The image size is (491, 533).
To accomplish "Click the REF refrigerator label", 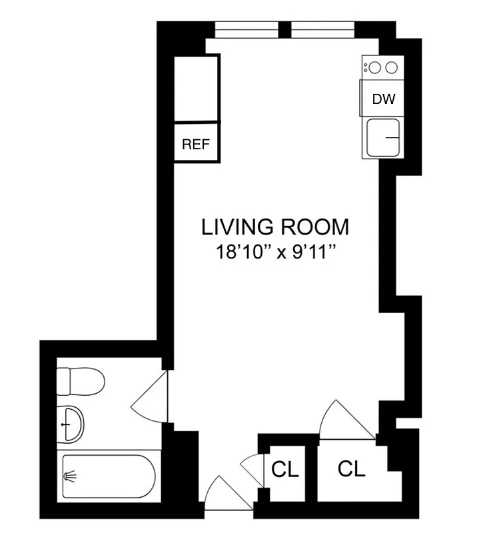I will click(x=196, y=143).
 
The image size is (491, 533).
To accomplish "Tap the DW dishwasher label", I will click(x=384, y=99).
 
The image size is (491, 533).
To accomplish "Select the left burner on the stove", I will click(x=375, y=67).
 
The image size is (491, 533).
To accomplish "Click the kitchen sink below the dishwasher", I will click(x=384, y=137).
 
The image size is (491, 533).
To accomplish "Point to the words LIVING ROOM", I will click(x=275, y=227).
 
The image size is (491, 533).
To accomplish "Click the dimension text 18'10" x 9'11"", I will click(x=275, y=253).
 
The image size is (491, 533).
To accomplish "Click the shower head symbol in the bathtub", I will click(x=69, y=476).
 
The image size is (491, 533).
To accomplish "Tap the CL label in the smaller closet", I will click(x=285, y=470).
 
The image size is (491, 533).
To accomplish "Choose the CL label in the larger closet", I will click(x=351, y=469).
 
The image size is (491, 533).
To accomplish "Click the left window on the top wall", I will click(x=247, y=30).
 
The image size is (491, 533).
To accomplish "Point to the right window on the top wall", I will click(x=322, y=30).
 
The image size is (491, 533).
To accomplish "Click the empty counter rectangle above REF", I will click(x=196, y=89).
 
